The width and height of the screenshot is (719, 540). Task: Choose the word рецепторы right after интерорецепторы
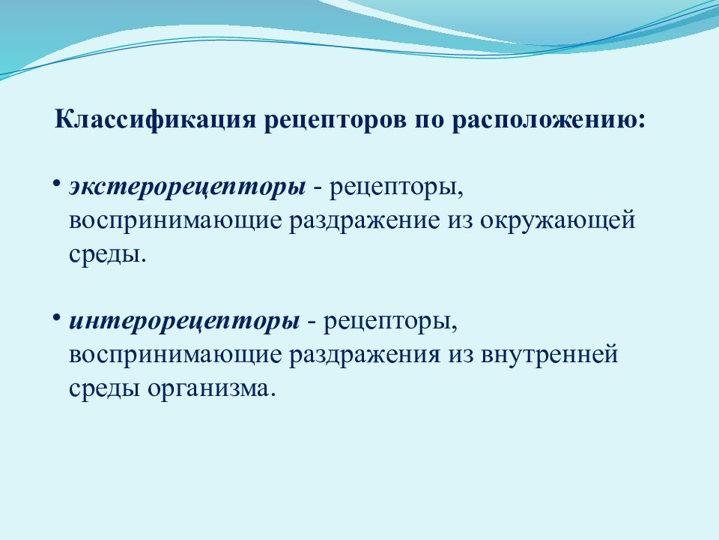pyautogui.click(x=390, y=321)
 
